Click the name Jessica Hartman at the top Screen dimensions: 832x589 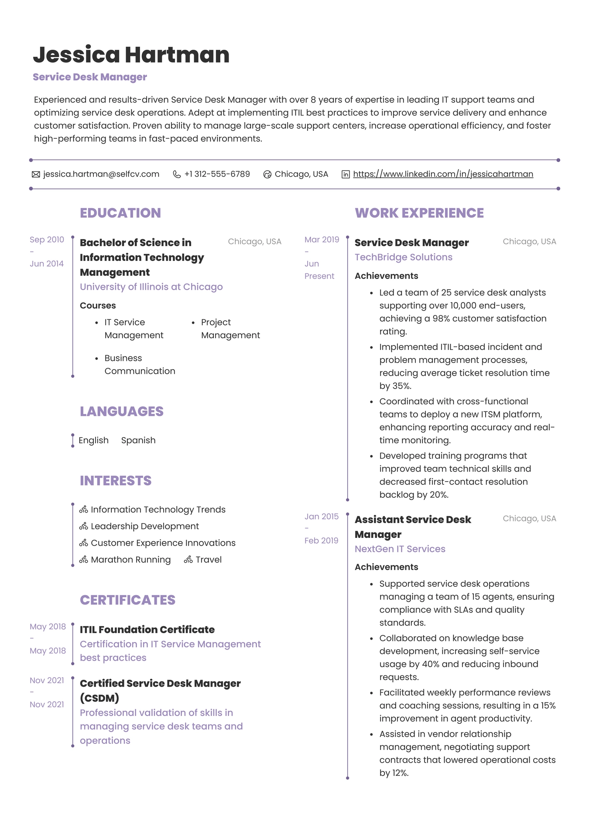tap(131, 55)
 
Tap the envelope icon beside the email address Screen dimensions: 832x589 tap(36, 175)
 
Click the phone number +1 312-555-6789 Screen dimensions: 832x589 tap(217, 174)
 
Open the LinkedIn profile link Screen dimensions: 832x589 tap(443, 174)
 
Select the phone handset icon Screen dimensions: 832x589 tap(177, 175)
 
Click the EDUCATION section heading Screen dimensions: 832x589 tap(120, 213)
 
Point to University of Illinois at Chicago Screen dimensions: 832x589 tap(151, 287)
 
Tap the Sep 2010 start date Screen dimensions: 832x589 tap(47, 240)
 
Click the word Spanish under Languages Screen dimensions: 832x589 tap(138, 440)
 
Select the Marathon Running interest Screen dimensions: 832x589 tap(130, 559)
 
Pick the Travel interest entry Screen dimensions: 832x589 tap(208, 559)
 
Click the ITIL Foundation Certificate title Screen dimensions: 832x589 tap(147, 630)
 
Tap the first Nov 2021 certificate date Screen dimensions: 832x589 tap(47, 680)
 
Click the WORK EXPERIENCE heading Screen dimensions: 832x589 tap(419, 213)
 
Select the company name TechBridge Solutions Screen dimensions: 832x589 tap(403, 257)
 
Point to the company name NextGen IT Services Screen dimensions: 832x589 tap(400, 549)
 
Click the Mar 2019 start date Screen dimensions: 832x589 tap(322, 240)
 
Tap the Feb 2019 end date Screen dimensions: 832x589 tap(321, 541)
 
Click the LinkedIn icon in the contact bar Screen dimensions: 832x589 tap(346, 175)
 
